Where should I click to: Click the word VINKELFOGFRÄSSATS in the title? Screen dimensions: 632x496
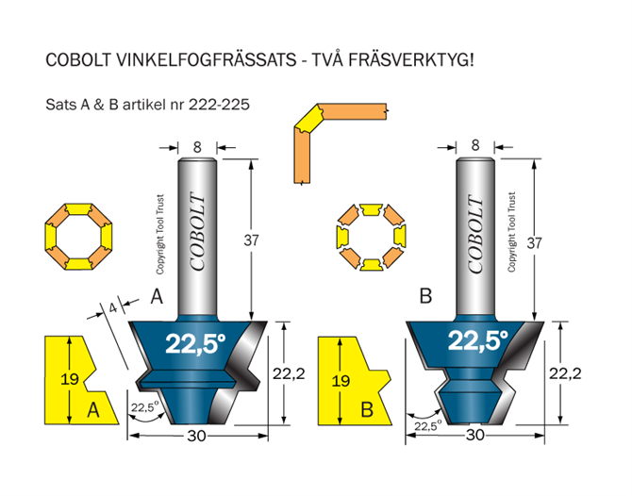207,60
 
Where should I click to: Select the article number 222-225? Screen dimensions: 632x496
219,105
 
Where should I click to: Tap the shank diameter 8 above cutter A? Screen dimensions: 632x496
197,147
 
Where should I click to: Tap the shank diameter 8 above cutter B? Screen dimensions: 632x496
475,145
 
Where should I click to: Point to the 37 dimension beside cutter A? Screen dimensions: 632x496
251,240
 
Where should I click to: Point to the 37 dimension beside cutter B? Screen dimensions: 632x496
535,243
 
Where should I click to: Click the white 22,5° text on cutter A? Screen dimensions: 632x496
195,343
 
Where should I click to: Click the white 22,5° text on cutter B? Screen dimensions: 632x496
477,340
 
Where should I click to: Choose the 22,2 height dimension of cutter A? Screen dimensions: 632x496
289,374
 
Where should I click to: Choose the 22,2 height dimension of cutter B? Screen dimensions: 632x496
565,373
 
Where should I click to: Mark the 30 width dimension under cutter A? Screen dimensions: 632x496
196,436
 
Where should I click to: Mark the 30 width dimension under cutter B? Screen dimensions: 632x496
475,435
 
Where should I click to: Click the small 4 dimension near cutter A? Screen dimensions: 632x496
113,307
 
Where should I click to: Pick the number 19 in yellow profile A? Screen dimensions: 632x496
69,379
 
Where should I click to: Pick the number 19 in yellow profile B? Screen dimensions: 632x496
341,381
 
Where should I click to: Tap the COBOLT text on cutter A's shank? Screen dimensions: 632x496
197,232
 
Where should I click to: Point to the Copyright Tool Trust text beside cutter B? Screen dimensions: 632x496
511,232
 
